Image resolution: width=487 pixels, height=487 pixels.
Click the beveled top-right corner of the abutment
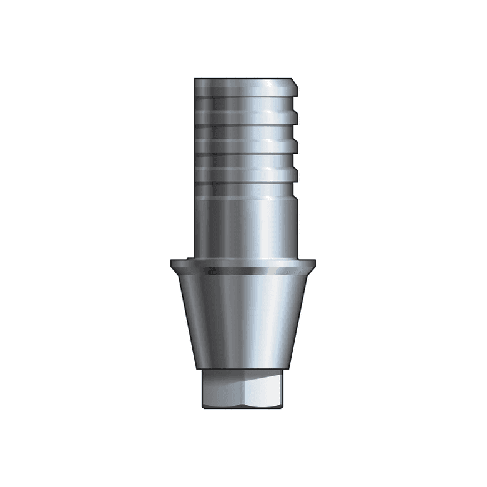coord(294,81)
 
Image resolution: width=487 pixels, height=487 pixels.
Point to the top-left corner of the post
coord(195,79)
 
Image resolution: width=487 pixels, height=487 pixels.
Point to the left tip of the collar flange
coord(172,261)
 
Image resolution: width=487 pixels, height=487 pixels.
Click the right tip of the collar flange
coord(315,261)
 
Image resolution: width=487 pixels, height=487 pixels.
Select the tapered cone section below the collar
coord(243,318)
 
